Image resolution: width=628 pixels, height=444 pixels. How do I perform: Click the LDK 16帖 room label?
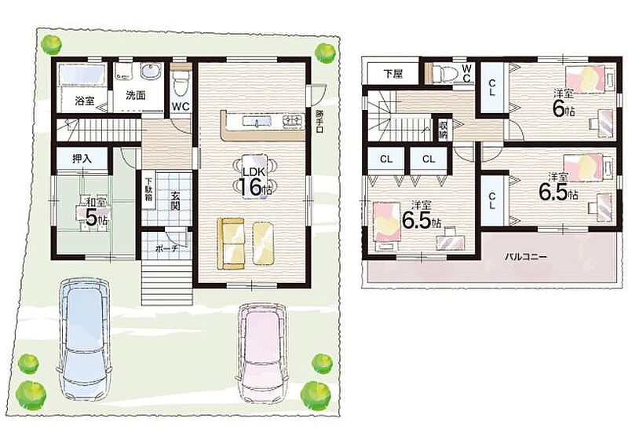(x=253, y=182)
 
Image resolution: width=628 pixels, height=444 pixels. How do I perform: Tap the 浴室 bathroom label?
(x=85, y=101)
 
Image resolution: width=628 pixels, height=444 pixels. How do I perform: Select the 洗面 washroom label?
(x=135, y=95)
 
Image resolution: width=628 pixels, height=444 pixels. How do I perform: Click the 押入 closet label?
(x=82, y=159)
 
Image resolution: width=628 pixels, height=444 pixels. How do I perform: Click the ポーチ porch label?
(x=166, y=248)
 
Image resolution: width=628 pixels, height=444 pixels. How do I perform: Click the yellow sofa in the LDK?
(x=231, y=244)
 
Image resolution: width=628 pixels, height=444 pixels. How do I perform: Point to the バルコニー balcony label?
(x=524, y=256)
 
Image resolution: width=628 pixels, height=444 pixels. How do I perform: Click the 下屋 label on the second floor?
(x=393, y=74)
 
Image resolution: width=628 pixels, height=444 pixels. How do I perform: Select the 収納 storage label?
(x=443, y=130)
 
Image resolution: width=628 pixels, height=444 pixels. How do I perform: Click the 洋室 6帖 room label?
(x=564, y=104)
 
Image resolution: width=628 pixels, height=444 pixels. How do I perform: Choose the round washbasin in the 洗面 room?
(x=151, y=72)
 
